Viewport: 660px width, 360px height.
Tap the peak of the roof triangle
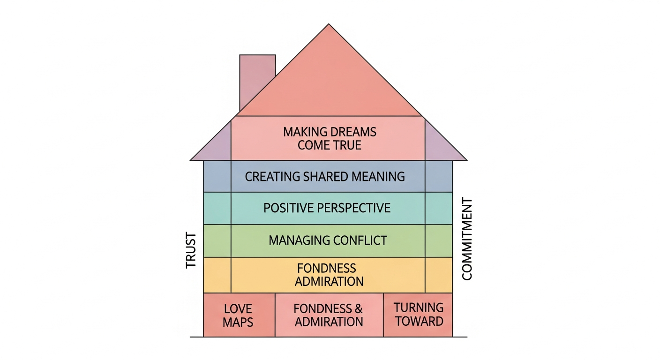point(329,24)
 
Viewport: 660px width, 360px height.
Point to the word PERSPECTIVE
point(354,208)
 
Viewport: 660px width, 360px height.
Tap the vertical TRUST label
point(191,250)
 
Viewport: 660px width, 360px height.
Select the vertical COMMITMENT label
point(467,239)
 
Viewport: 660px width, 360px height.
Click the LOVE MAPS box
point(239,315)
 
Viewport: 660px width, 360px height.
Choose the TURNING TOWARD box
point(418,315)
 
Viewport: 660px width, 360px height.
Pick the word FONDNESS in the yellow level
point(326,269)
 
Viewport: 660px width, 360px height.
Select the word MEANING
point(378,176)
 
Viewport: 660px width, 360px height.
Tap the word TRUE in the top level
point(347,145)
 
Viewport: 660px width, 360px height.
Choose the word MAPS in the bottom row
point(238,322)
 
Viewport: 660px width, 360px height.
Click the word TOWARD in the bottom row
point(419,322)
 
